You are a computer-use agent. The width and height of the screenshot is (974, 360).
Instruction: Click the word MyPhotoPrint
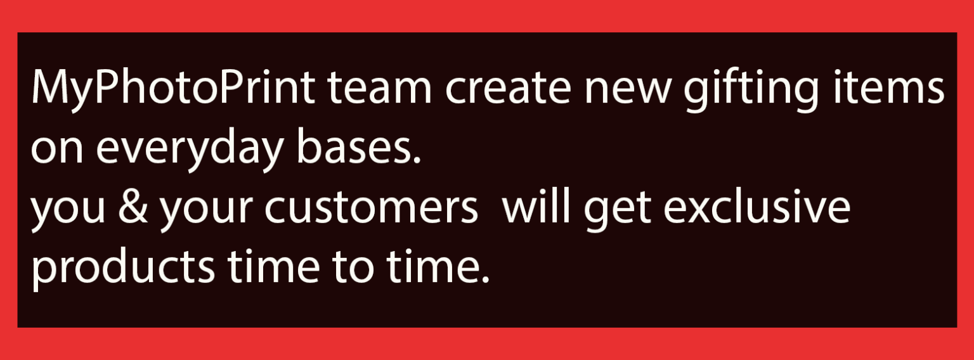(x=173, y=89)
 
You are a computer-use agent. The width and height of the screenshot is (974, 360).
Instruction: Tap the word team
(x=380, y=89)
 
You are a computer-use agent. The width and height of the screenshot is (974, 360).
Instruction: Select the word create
(x=507, y=89)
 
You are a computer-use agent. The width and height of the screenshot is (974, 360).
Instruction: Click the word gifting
(x=751, y=91)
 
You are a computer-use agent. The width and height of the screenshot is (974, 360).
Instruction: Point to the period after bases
(x=417, y=160)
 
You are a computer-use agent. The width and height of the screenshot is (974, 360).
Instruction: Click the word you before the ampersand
(x=68, y=211)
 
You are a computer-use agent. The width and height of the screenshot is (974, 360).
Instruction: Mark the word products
(x=124, y=267)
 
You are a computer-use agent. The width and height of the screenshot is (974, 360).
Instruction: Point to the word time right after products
(x=273, y=266)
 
